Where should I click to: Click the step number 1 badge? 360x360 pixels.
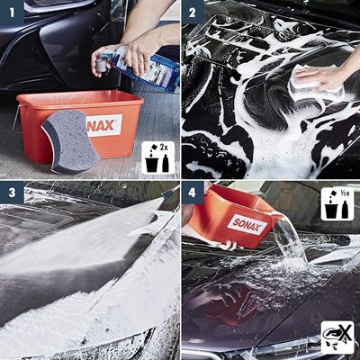pyautogui.click(x=13, y=13)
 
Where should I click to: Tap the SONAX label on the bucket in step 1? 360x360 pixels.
pyautogui.click(x=104, y=123)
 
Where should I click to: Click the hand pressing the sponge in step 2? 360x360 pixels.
pyautogui.click(x=329, y=76)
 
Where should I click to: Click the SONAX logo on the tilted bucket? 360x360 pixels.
pyautogui.click(x=244, y=224)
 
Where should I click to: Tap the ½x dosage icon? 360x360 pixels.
pyautogui.click(x=337, y=202)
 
